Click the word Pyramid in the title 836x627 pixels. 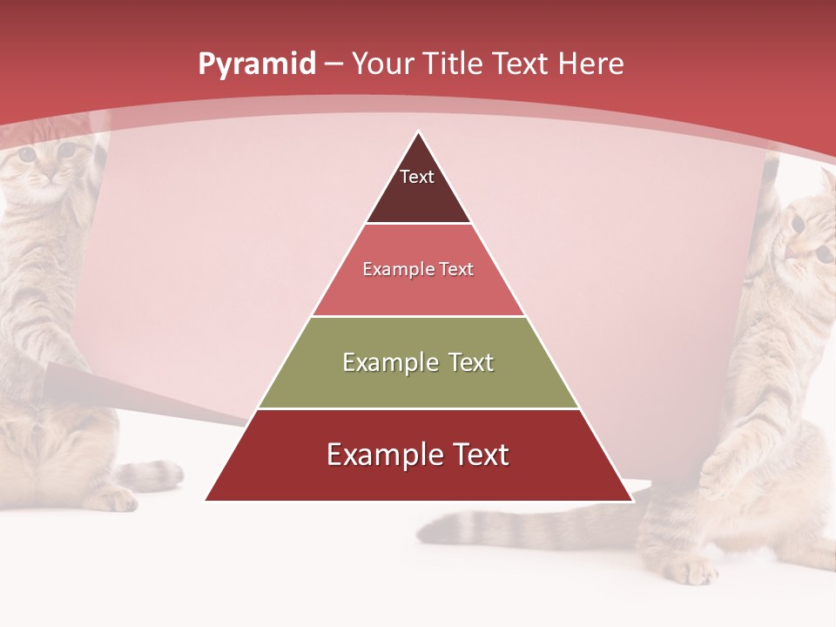256,64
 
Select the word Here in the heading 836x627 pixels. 590,64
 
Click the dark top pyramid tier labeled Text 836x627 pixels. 418,187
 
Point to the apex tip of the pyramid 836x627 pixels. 419,133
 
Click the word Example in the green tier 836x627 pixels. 380,362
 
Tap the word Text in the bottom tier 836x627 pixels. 475,455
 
